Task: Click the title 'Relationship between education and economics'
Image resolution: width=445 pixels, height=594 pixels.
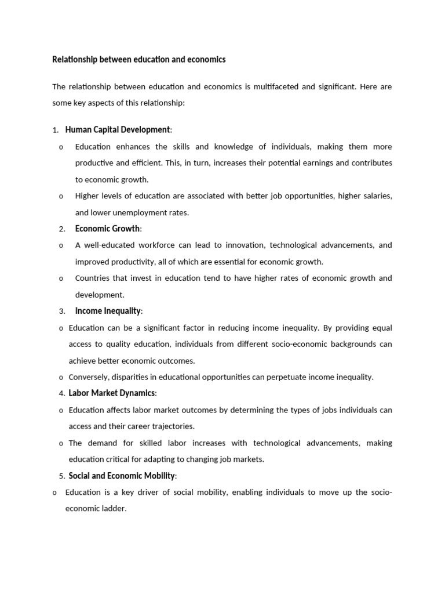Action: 138,60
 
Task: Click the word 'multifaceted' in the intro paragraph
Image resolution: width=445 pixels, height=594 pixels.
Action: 273,87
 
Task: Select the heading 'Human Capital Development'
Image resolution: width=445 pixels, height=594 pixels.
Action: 118,129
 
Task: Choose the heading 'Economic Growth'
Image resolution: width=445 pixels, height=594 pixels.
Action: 107,229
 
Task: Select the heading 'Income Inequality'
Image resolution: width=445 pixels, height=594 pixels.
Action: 108,312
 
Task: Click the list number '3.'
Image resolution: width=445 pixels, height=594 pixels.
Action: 61,312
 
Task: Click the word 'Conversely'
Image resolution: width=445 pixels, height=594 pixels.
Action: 90,377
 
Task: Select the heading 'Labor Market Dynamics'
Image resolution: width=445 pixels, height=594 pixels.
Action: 111,393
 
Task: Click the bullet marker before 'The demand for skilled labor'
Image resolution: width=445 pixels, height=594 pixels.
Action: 61,443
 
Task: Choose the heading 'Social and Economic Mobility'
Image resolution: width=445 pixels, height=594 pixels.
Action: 122,476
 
